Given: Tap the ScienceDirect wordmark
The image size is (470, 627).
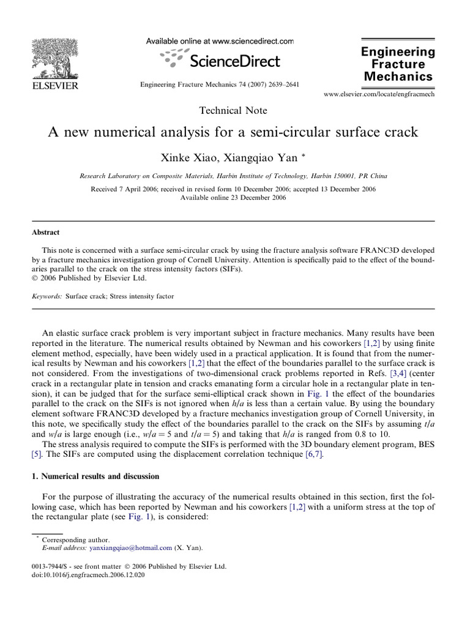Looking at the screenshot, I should point(234,61).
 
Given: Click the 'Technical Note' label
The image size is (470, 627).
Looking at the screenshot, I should point(233,110).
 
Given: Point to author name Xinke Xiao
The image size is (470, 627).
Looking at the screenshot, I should point(186,157).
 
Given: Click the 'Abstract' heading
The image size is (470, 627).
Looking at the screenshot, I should point(46,233).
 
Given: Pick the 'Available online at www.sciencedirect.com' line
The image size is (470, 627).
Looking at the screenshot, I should point(220,41).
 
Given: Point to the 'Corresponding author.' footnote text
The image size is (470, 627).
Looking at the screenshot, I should point(77,539).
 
